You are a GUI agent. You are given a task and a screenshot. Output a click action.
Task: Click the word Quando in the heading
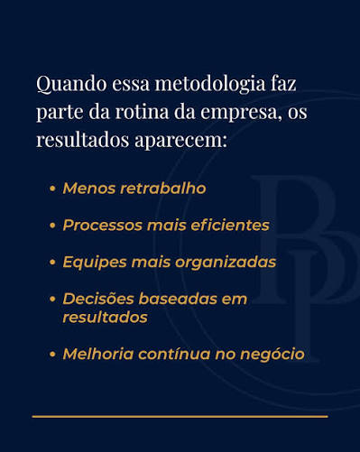click(71, 84)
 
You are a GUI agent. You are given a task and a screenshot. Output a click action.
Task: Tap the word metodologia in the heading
click(210, 85)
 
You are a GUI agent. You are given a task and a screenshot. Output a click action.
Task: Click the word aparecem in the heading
click(180, 141)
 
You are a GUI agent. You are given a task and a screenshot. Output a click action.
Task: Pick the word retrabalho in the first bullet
click(163, 189)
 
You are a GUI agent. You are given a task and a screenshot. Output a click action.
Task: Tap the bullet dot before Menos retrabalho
click(52, 189)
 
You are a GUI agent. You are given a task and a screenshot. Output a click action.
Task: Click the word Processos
click(103, 226)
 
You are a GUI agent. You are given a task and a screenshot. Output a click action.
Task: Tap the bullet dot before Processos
click(52, 226)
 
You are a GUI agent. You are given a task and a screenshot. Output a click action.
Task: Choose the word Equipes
click(95, 263)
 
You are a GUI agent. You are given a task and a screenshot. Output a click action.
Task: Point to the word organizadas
click(226, 263)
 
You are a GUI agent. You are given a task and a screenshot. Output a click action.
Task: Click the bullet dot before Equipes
click(52, 263)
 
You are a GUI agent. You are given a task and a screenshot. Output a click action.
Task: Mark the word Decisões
click(98, 299)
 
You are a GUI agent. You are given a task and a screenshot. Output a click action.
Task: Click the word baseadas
click(178, 299)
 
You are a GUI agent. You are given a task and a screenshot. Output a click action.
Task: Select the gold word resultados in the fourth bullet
click(105, 318)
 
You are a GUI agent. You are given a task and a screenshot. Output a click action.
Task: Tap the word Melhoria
click(98, 354)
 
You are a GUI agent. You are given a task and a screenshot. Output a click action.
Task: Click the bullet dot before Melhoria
click(52, 355)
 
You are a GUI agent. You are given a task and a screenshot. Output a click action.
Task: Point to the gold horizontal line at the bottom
click(180, 417)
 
